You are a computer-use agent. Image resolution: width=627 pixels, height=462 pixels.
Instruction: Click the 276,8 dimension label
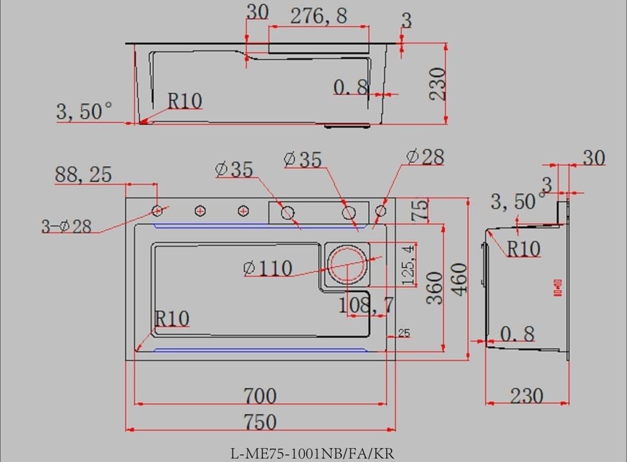point(319,16)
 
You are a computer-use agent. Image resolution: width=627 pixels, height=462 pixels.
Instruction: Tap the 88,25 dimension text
point(83,174)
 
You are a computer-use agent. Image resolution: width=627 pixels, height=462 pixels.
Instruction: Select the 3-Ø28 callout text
point(66,226)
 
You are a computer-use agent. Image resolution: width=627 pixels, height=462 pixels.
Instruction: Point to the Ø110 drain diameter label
point(268,268)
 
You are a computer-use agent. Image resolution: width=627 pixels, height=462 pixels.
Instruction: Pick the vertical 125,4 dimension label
point(409,264)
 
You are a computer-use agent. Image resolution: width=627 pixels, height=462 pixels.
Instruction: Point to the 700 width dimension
point(260,396)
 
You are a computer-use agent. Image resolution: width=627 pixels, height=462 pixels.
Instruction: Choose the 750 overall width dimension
point(260,422)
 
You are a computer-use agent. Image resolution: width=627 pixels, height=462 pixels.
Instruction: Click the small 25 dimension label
point(404,333)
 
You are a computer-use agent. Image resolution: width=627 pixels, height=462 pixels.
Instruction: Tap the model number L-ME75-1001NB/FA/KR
point(312,453)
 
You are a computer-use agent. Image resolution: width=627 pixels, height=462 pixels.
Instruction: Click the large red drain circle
point(349,264)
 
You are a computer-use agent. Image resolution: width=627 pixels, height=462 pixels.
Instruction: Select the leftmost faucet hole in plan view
point(157,210)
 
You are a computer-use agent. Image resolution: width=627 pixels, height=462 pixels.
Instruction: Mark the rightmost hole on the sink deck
point(381,211)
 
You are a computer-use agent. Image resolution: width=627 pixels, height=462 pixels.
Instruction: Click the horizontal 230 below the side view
point(527,396)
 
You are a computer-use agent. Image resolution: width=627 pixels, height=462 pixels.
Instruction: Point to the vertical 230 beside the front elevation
point(438,84)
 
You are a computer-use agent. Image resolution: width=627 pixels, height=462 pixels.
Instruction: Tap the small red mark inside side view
point(558,287)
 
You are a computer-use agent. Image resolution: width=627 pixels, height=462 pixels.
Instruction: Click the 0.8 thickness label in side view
point(517,334)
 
